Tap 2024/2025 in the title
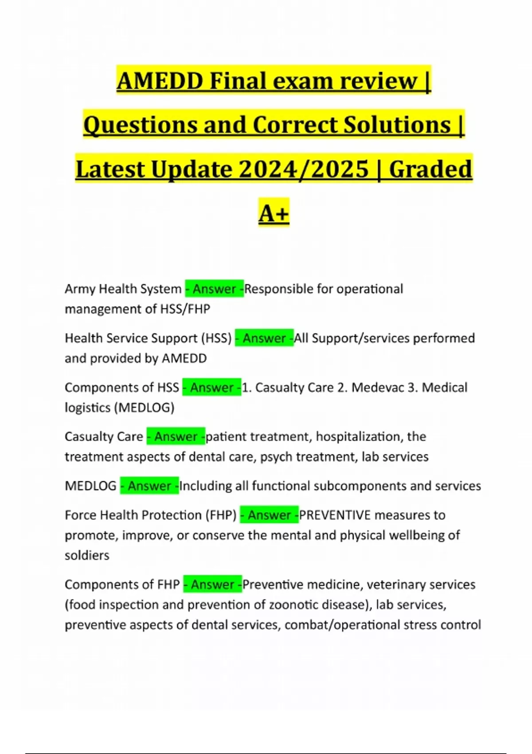pyautogui.click(x=304, y=169)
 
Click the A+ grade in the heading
pyautogui.click(x=274, y=213)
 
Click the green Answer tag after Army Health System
pyautogui.click(x=214, y=289)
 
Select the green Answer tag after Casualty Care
pyautogui.click(x=176, y=437)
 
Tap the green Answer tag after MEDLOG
pyautogui.click(x=149, y=486)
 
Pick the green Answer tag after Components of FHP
pyautogui.click(x=212, y=585)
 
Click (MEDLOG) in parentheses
pyautogui.click(x=145, y=408)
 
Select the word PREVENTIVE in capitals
pyautogui.click(x=335, y=515)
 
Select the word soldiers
pyautogui.click(x=87, y=555)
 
